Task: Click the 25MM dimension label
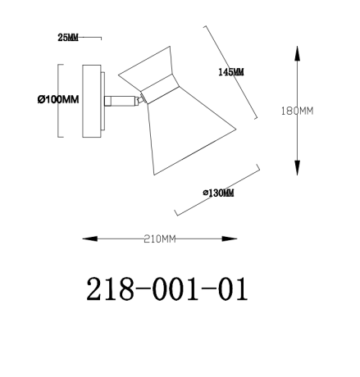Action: coord(69,39)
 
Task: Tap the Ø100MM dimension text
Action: coord(57,100)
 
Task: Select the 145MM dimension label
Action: coord(231,72)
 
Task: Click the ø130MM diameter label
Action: coord(218,193)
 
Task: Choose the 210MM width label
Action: coord(160,239)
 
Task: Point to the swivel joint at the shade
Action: coord(143,99)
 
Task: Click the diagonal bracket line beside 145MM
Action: coord(230,72)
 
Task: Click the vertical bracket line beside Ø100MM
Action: coord(57,99)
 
